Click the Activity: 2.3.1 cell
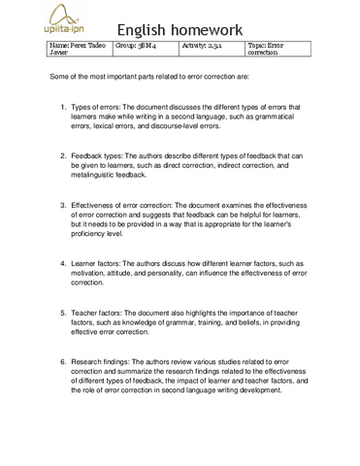tap(211, 45)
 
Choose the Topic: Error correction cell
tap(277, 49)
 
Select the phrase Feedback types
tap(104, 156)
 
